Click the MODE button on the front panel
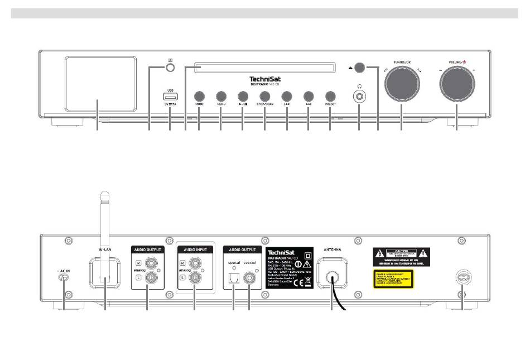pos(199,95)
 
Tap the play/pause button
pos(243,95)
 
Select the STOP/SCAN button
pos(264,95)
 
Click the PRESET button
pos(330,95)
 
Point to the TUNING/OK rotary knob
pos(401,82)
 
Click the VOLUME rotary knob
pos(456,82)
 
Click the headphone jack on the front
pos(359,97)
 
